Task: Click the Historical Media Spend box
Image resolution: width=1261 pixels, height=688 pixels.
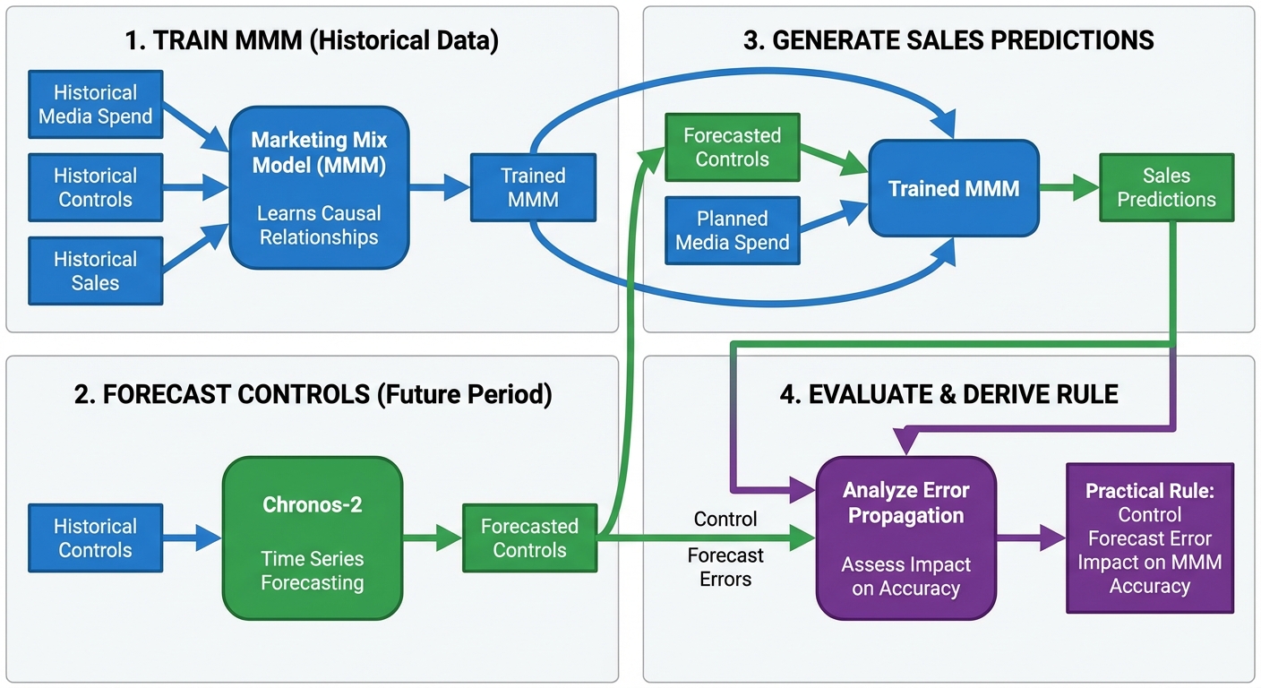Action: coord(96,105)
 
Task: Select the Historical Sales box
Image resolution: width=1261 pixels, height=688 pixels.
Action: coord(96,271)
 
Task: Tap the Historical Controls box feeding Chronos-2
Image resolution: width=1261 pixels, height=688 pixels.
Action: coord(96,537)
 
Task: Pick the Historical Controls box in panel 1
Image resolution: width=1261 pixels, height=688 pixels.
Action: coord(96,187)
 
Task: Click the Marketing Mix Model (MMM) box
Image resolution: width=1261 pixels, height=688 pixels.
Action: coord(318,187)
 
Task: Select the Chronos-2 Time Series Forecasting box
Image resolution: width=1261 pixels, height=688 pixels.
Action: coord(312,537)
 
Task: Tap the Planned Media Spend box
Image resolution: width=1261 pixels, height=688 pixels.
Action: coord(733,230)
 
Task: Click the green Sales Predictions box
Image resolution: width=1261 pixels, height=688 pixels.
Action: coord(1166,187)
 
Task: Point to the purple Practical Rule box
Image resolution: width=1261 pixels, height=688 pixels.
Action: coord(1149,537)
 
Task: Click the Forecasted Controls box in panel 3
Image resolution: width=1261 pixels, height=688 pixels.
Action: coord(733,148)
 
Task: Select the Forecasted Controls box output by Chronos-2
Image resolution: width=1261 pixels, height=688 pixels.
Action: coord(529,537)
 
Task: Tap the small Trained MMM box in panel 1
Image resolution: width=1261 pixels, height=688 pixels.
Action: coord(533,187)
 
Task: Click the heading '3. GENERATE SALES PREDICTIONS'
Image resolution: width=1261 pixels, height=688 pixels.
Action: coord(948,40)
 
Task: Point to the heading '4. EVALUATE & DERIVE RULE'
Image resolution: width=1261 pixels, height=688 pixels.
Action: coord(948,394)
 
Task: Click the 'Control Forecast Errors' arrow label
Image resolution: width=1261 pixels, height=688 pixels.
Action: coord(725,549)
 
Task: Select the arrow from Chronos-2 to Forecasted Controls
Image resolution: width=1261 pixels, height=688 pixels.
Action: coord(433,537)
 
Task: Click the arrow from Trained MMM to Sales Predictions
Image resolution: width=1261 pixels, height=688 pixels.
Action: coord(1068,187)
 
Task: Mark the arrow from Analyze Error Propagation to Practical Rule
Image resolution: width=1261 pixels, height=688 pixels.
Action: coord(1031,537)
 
